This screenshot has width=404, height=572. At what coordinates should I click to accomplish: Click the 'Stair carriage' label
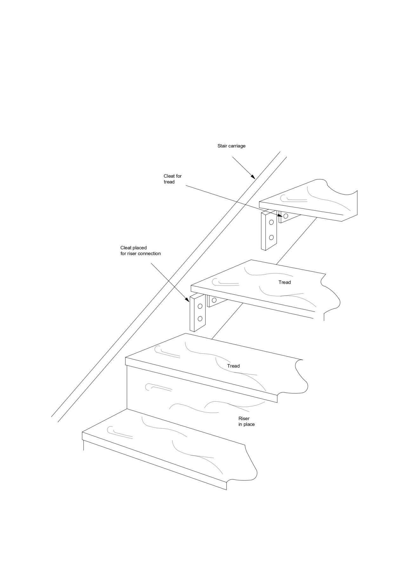tap(231, 146)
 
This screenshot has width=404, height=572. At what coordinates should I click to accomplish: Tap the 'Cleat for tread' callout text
tap(173, 179)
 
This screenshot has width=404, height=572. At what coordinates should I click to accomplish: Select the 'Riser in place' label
tap(247, 421)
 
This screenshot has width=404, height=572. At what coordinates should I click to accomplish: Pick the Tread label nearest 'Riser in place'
tap(233, 366)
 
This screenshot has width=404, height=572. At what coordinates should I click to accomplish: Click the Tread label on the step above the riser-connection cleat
tap(285, 282)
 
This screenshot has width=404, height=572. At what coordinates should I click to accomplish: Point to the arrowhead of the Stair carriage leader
tap(253, 177)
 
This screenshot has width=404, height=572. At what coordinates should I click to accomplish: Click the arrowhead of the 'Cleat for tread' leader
tap(280, 215)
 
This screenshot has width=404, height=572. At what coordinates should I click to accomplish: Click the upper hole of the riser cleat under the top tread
tap(271, 222)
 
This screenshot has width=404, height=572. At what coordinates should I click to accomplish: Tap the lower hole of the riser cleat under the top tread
tap(271, 237)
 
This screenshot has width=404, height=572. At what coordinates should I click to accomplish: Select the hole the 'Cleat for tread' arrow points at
tap(286, 216)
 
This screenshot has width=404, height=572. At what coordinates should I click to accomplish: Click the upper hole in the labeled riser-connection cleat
tap(200, 306)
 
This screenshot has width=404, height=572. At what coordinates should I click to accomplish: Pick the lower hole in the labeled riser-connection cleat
tap(200, 318)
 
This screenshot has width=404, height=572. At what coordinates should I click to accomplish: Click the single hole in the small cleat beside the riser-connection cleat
tap(214, 300)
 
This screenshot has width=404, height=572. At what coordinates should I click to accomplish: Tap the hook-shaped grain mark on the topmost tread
tap(294, 199)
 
